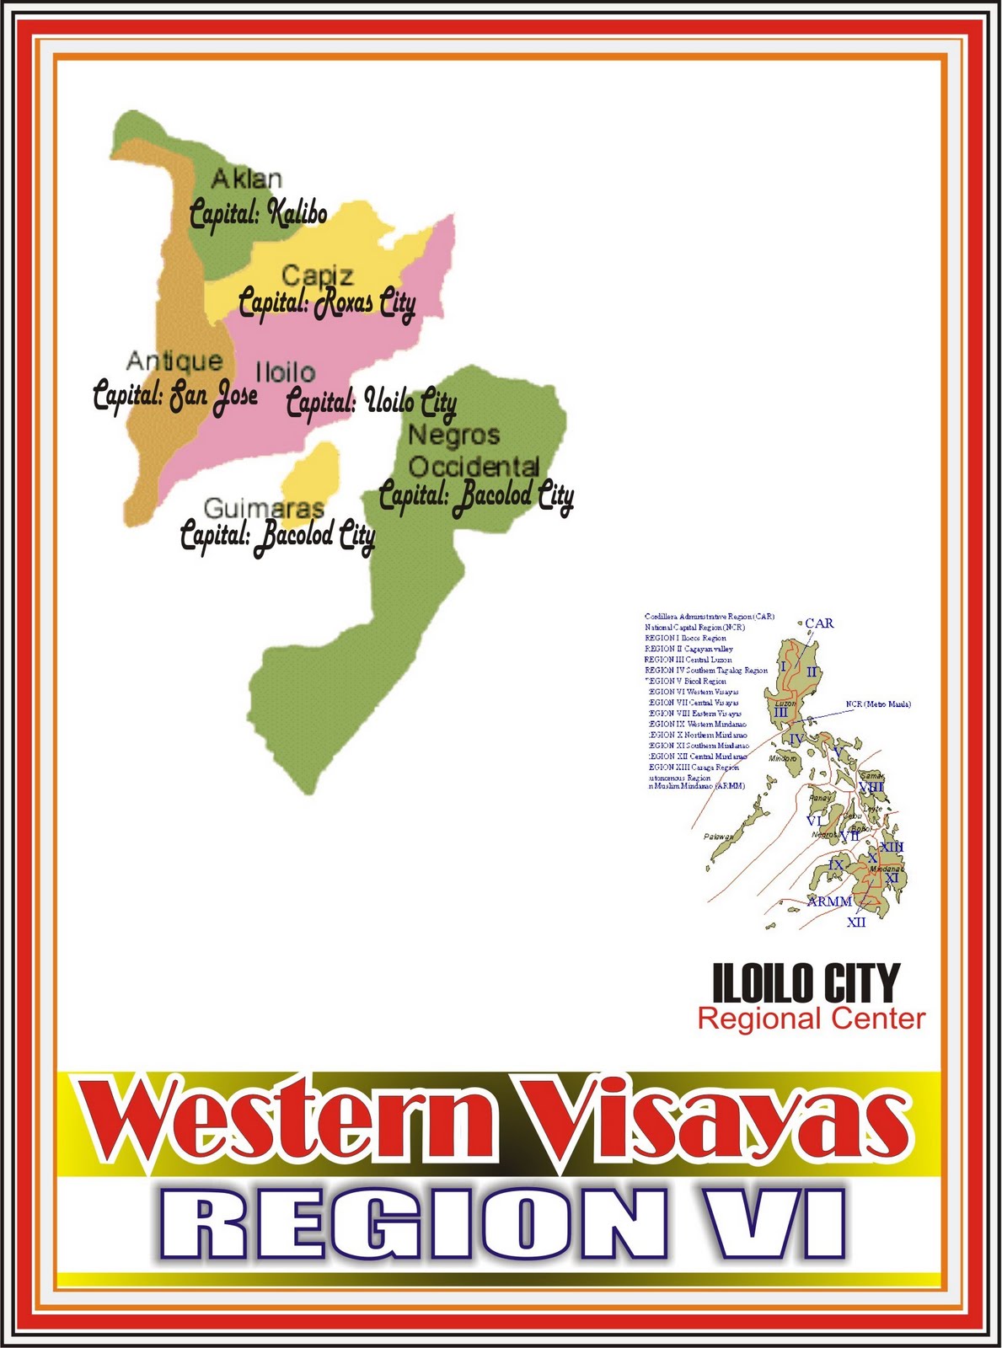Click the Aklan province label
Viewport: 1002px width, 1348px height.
[246, 179]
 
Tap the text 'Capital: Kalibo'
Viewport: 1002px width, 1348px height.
[258, 213]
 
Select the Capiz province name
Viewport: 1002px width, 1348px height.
[317, 275]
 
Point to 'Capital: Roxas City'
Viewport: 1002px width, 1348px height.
[327, 303]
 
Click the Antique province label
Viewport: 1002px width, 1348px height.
[174, 361]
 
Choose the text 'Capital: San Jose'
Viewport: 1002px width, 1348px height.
[175, 395]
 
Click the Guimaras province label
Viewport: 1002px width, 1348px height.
[264, 508]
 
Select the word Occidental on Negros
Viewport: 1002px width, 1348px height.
[474, 466]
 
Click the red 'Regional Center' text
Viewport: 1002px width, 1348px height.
[811, 1019]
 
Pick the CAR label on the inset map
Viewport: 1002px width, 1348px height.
[819, 623]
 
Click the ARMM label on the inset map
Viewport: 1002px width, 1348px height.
[829, 901]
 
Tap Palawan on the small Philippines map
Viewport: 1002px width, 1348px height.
[719, 837]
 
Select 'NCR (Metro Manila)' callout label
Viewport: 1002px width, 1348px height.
[878, 704]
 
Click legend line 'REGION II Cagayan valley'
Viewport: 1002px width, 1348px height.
[689, 649]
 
